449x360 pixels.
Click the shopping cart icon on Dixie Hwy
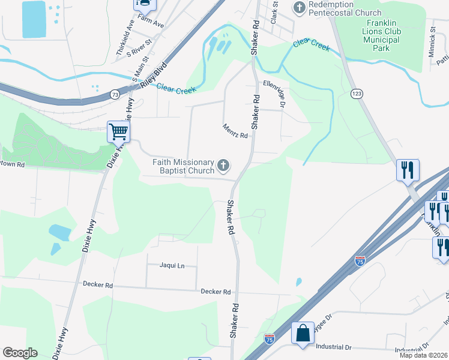(x=118, y=131)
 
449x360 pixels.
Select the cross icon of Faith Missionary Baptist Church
(x=223, y=164)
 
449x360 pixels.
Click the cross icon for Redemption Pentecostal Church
(x=300, y=7)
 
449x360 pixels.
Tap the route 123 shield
(x=357, y=94)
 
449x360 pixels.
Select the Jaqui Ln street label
(x=172, y=265)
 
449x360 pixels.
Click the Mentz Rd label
(x=235, y=131)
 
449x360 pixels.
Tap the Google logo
(x=20, y=353)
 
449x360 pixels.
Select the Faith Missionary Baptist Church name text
(x=183, y=166)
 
